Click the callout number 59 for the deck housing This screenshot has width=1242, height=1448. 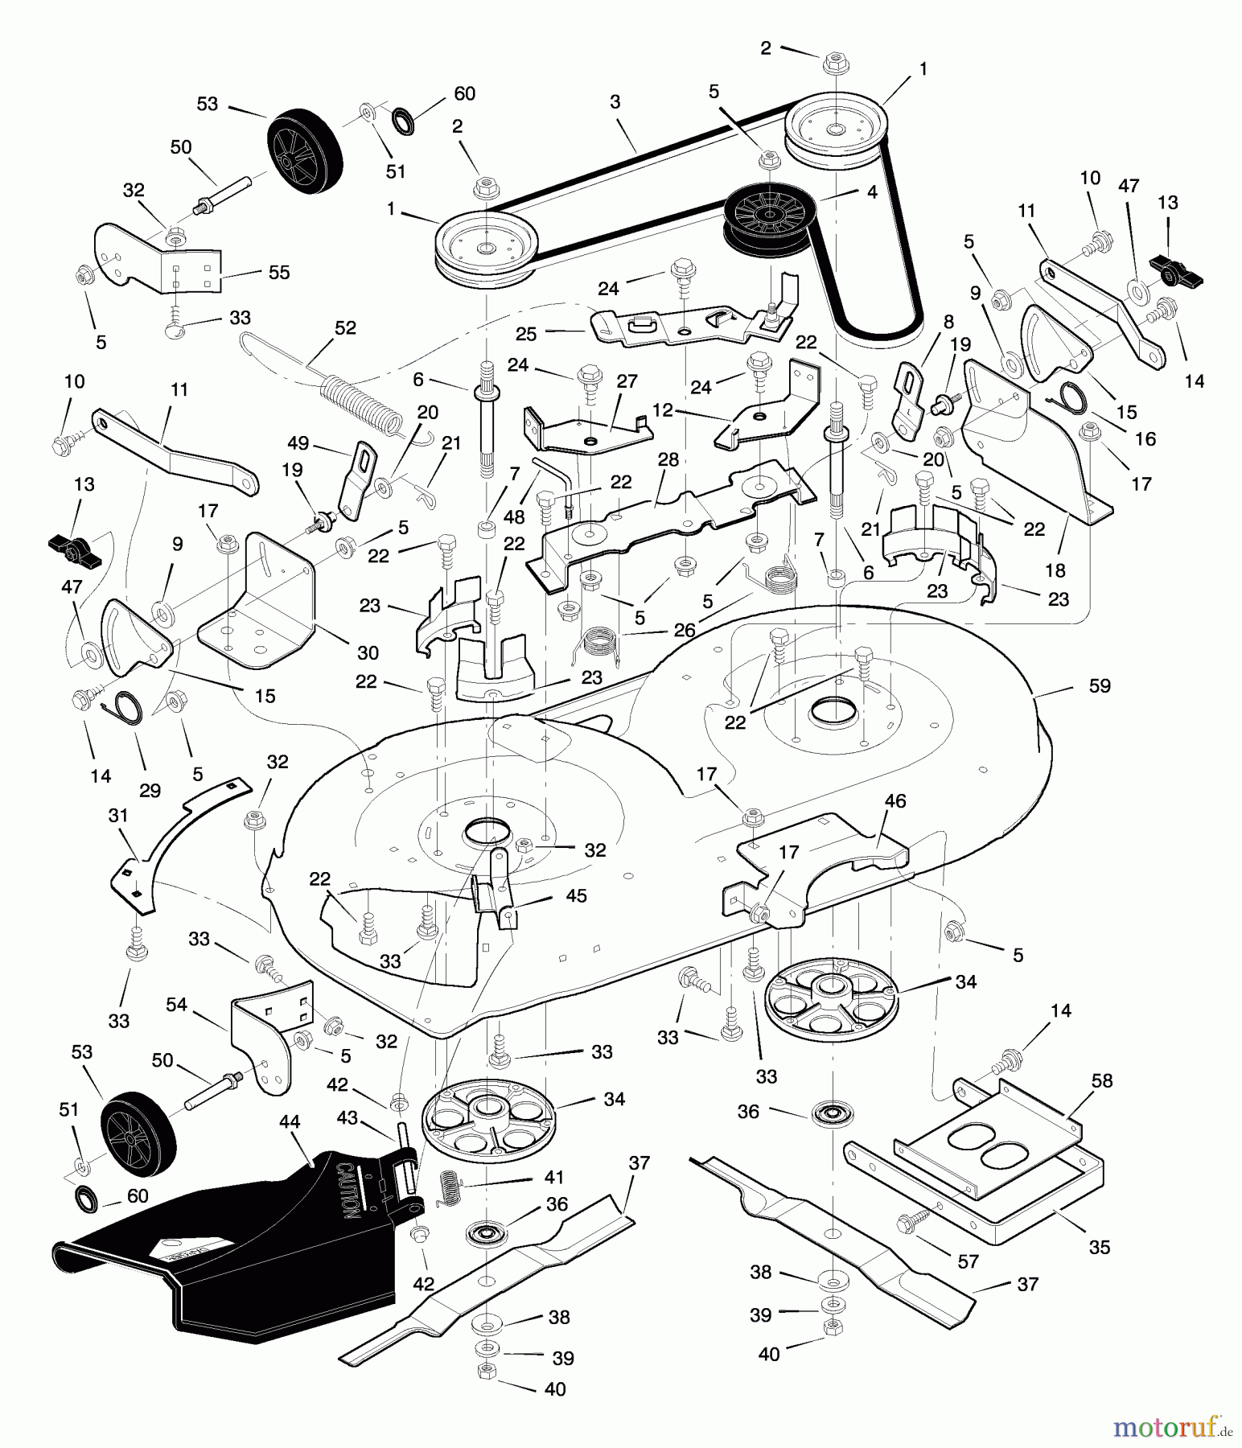(1100, 685)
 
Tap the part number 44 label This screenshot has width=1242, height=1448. (290, 1121)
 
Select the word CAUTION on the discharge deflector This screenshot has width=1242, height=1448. (348, 1190)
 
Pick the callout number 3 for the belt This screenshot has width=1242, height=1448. (615, 102)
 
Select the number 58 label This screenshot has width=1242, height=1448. (1102, 1080)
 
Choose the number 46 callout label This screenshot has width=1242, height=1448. (895, 800)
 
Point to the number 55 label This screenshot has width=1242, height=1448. (279, 272)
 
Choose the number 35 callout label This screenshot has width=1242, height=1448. (1099, 1247)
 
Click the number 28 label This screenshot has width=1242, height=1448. (668, 459)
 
